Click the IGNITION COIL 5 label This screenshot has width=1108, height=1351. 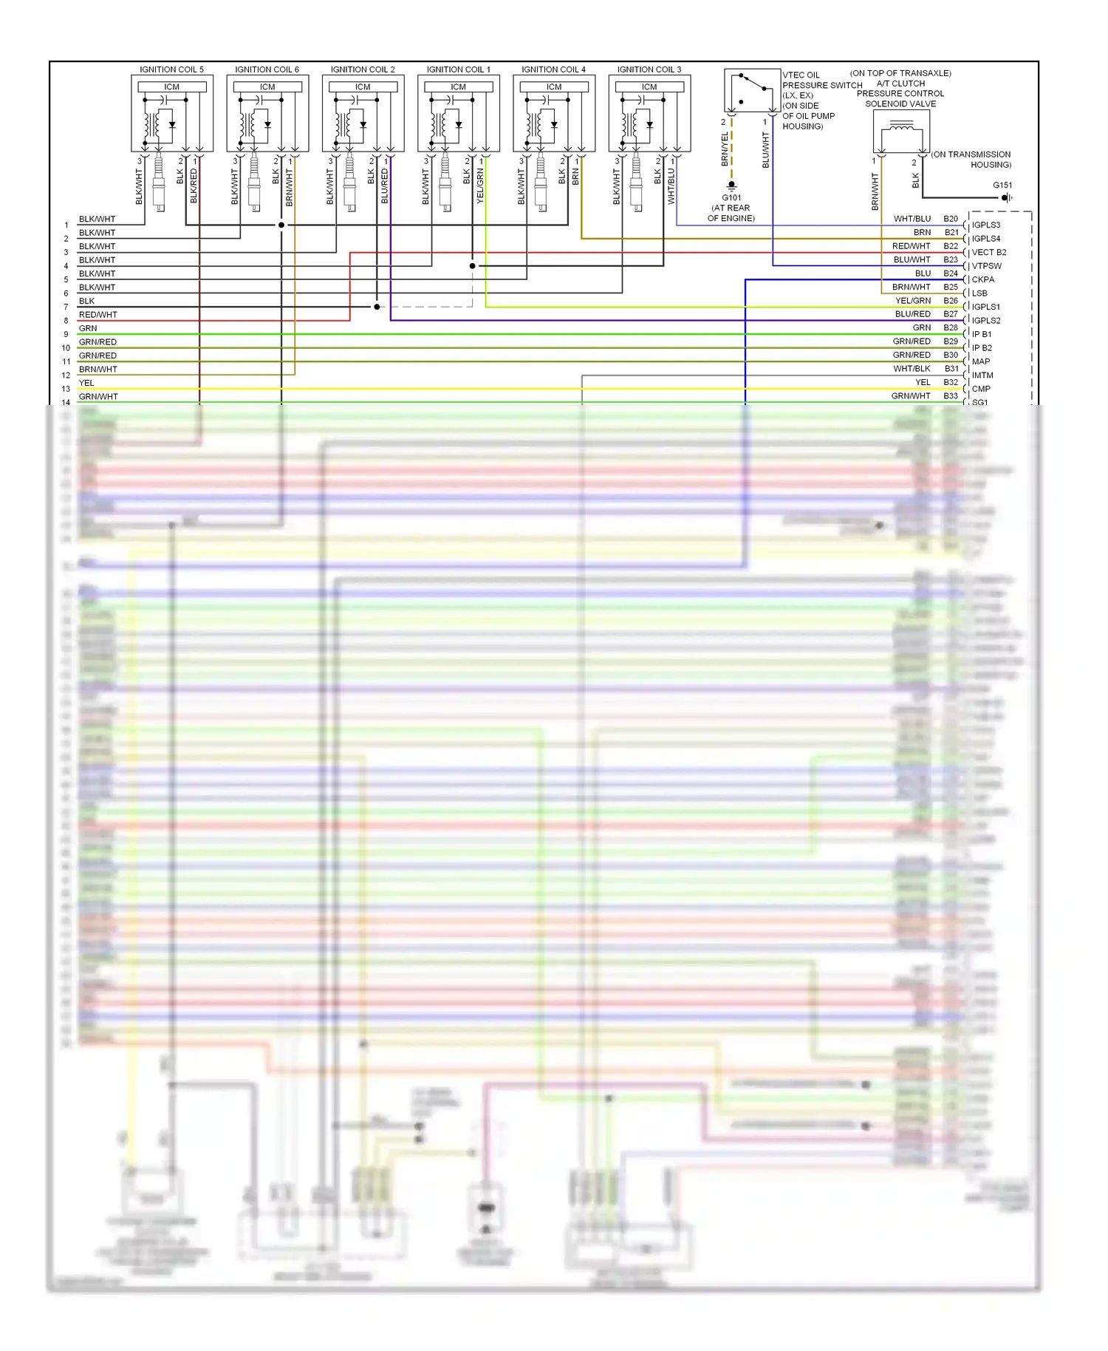171,69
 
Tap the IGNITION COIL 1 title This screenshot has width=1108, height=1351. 458,69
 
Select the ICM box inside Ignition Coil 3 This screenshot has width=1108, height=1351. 649,87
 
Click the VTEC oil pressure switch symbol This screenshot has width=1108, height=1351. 752,90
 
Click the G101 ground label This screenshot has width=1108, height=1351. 731,198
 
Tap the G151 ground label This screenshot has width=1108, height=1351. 1002,186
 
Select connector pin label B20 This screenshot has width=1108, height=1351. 951,219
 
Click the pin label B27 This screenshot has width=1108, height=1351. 951,314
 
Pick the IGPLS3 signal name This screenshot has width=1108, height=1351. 986,225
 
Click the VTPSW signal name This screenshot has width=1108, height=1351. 987,266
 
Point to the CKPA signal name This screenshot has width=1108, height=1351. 983,279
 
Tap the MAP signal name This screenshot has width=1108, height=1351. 981,361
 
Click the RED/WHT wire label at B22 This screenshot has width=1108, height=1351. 911,246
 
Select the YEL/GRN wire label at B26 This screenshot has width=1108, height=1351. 913,301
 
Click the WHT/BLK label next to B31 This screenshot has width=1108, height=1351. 912,369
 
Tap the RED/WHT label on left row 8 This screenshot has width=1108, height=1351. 98,315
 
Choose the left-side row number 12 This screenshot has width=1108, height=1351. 66,375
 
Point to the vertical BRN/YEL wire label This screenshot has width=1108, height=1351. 725,149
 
